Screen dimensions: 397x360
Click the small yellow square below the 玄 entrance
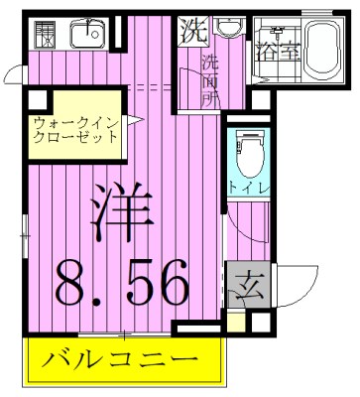[x=235, y=321]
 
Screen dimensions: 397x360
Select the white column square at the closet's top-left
[x=37, y=99]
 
